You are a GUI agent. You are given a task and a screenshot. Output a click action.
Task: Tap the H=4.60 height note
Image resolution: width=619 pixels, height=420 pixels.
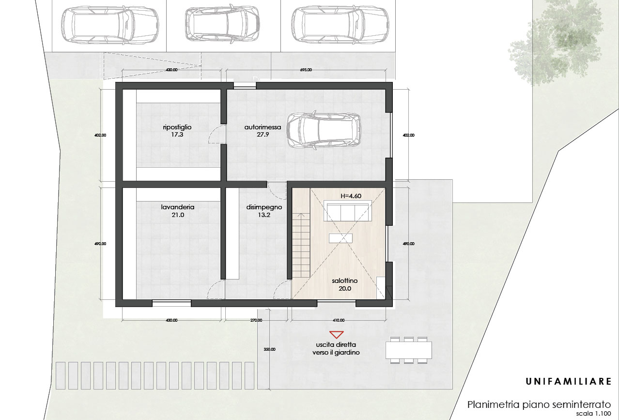(x=351, y=196)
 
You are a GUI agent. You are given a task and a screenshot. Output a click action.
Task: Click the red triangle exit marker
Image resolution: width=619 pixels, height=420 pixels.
(x=336, y=335)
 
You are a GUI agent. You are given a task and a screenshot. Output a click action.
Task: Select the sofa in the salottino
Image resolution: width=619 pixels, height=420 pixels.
(x=347, y=212)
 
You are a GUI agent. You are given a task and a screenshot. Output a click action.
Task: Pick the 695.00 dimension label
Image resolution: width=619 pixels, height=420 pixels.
(x=306, y=70)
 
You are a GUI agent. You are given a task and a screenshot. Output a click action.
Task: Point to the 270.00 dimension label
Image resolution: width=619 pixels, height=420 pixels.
(x=256, y=320)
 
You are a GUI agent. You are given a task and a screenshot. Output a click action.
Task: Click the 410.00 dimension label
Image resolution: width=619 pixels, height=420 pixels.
(x=339, y=320)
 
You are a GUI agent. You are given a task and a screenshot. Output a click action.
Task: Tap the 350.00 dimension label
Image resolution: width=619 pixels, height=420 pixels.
(x=269, y=349)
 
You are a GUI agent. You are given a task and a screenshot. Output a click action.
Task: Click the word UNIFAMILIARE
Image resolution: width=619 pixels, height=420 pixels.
(x=569, y=382)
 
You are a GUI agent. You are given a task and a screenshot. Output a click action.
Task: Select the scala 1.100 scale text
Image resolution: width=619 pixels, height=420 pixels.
(x=593, y=414)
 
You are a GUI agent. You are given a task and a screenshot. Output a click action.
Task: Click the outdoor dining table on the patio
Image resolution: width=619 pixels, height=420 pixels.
(x=409, y=350)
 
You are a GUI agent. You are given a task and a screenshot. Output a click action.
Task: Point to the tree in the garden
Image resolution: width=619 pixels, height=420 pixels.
(x=556, y=42)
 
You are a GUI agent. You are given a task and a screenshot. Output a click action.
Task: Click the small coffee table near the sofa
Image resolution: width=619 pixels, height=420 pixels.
(x=340, y=238)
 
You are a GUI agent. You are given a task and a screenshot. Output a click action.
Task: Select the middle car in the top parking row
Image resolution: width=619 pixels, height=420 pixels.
(x=223, y=23)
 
